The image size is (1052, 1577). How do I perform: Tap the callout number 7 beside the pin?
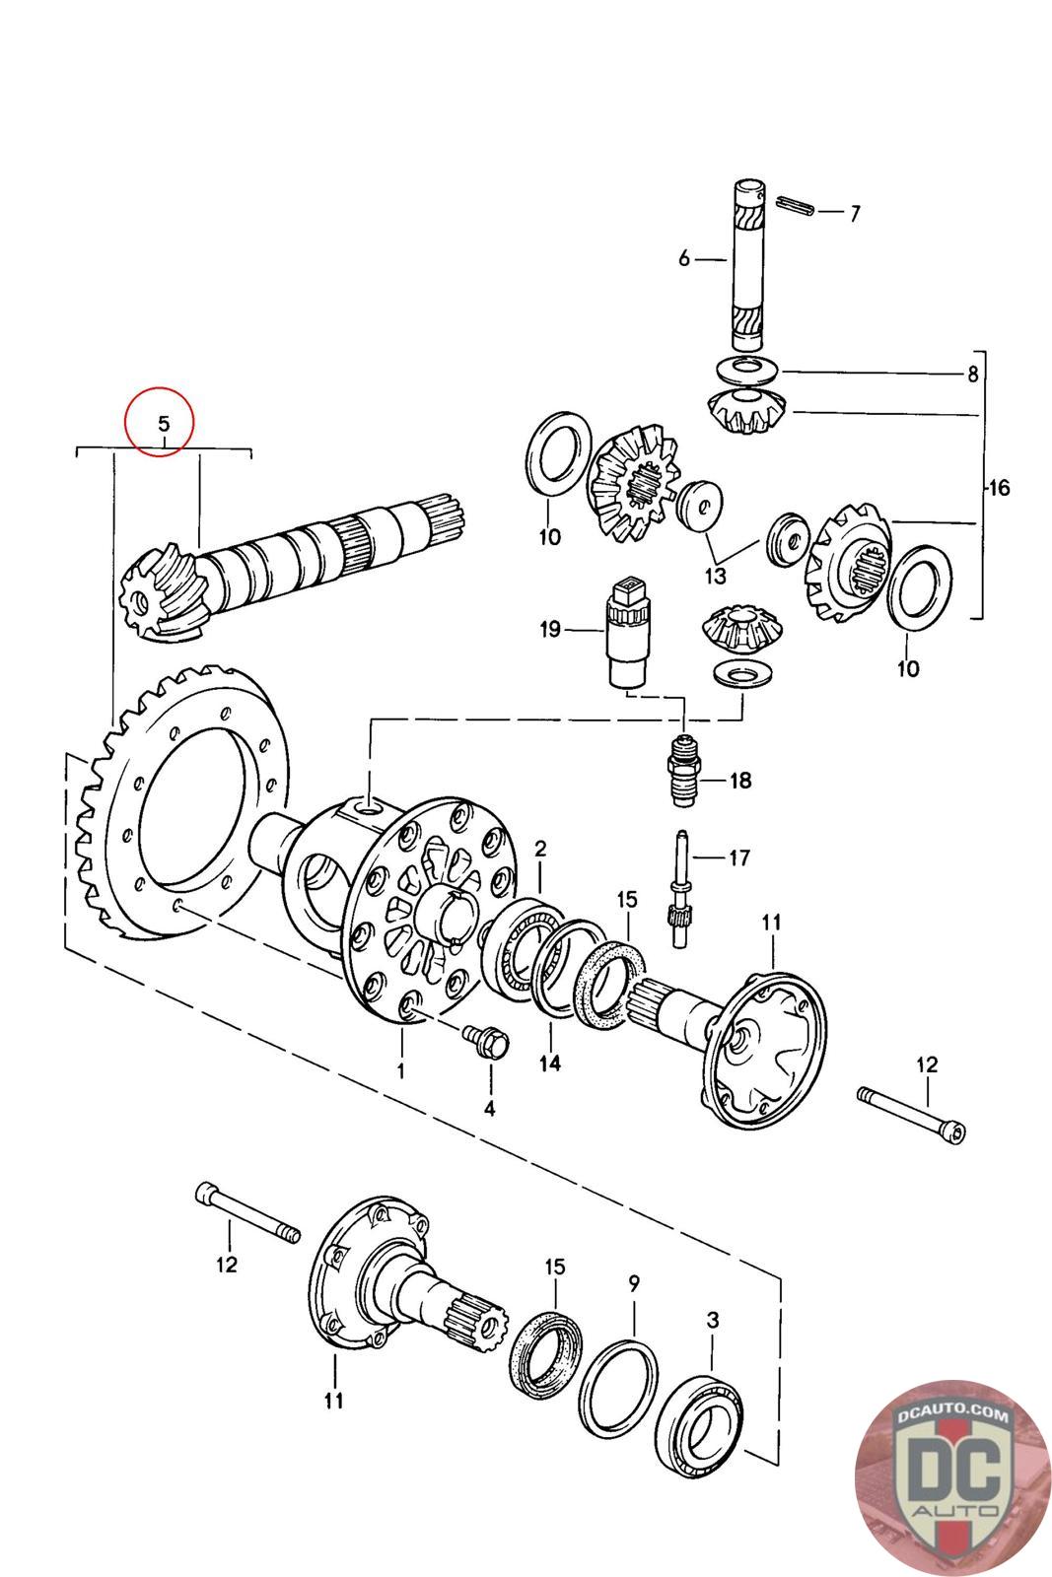pos(855,213)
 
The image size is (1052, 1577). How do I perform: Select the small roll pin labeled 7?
pos(795,206)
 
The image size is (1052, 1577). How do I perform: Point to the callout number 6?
pos(684,259)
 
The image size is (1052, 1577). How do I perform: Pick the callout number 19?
pos(550,629)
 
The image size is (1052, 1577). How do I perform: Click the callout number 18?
pos(740,780)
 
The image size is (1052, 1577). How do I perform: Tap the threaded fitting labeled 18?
pos(683,770)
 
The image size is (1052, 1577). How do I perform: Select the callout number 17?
pos(738,857)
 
